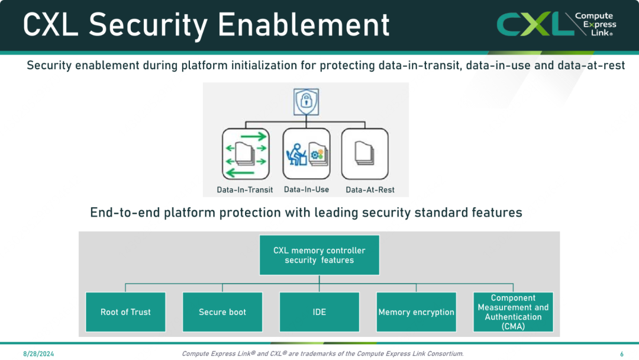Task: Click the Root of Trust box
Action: coord(125,312)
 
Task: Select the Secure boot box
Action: coord(222,312)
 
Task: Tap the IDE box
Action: coord(319,312)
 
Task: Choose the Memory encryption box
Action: coord(416,312)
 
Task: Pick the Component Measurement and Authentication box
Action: coord(513,312)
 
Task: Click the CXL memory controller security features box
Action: coord(319,255)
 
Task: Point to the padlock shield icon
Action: coord(306,102)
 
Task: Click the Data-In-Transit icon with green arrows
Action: coord(246,154)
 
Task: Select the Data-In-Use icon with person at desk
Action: coord(306,154)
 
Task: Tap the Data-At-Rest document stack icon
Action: coord(364,154)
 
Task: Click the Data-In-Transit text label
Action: coord(245,189)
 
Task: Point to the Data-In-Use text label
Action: coord(306,189)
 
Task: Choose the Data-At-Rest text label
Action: coord(370,189)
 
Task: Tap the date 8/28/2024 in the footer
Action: coord(38,354)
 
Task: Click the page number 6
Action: coord(622,354)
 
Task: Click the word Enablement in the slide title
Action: coord(304,24)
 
